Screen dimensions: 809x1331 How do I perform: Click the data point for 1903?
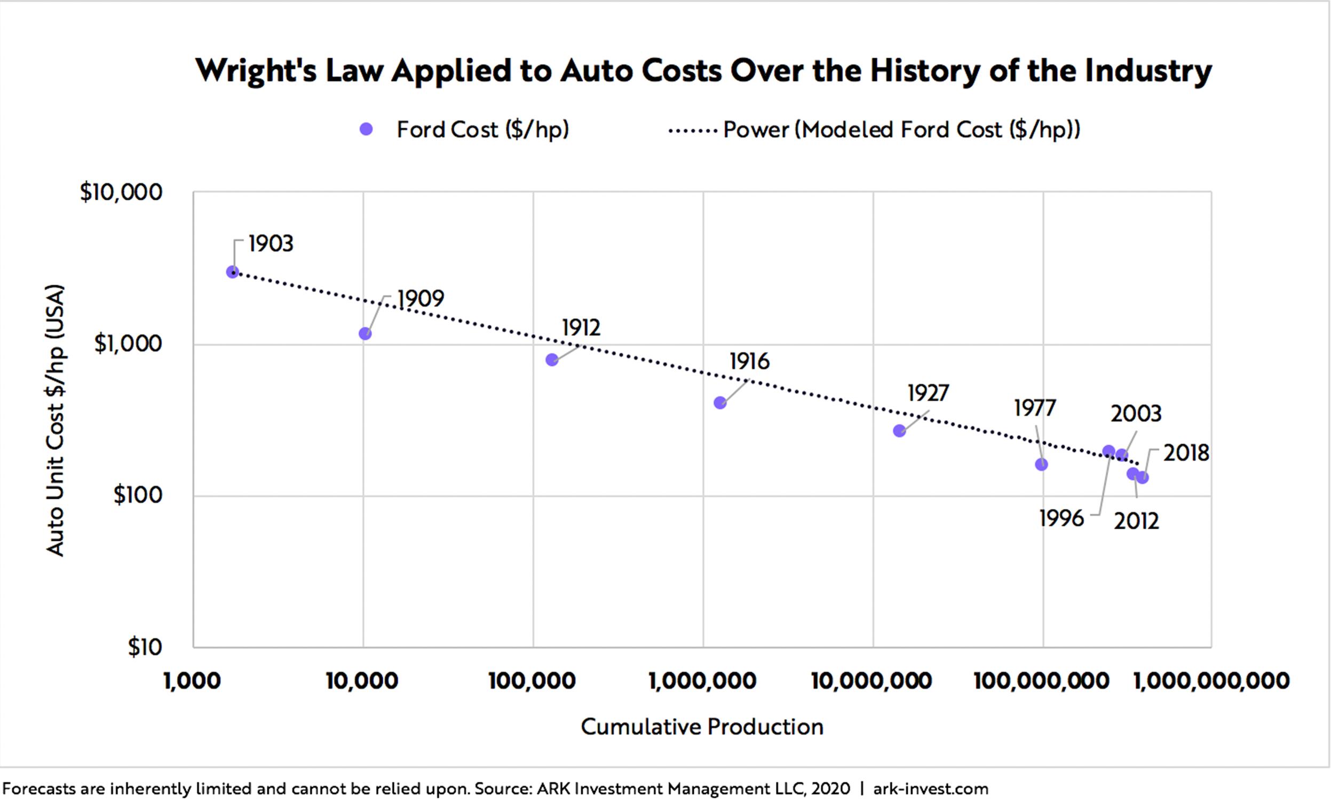[232, 272]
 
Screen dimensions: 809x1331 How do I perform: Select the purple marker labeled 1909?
[365, 333]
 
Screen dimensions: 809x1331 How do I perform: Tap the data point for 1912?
[551, 359]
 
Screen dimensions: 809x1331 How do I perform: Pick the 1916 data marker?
[720, 403]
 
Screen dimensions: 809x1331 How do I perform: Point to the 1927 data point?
[899, 431]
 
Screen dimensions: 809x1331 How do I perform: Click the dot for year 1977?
[1041, 464]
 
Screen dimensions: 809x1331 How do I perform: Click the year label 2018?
[1186, 453]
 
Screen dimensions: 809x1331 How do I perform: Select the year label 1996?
[1061, 519]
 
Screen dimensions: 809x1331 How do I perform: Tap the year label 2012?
[1137, 521]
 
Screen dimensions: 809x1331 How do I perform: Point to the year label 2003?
[1136, 414]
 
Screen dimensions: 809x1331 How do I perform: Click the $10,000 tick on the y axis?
[121, 192]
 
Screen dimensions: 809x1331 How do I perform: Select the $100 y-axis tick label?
[138, 495]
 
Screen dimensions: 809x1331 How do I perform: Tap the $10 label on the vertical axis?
[145, 647]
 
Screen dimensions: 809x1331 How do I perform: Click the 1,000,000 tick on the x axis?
[703, 681]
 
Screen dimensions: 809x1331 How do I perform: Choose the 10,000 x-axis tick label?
[362, 681]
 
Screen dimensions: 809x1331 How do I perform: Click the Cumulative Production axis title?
[702, 727]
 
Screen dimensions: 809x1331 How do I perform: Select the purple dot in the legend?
[366, 129]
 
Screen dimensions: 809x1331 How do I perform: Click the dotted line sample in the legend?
[693, 130]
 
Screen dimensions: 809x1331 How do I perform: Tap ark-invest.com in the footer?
[931, 789]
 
